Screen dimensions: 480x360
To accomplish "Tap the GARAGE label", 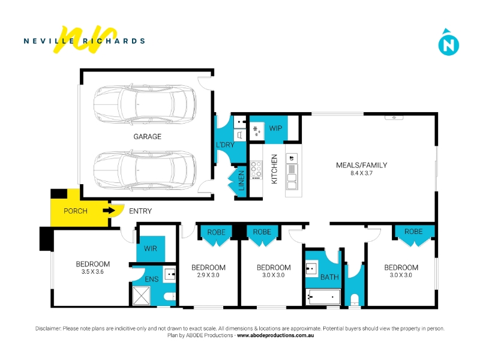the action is coord(147,137).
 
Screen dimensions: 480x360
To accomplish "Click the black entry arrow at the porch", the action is coord(109,211).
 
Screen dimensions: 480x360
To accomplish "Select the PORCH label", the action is coord(76,211).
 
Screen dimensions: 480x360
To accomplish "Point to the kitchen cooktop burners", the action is coord(256,170).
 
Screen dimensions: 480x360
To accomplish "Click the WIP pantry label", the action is coord(275,128).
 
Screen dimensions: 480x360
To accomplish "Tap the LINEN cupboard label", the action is coord(242,181).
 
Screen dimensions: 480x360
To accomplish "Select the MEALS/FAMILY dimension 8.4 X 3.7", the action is coord(362,173).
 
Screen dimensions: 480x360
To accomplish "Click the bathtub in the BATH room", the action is coord(323,296).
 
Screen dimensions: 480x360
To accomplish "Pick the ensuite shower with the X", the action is coord(141,296).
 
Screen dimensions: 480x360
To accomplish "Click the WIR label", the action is coord(151,248).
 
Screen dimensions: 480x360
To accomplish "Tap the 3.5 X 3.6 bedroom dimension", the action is coord(92,272).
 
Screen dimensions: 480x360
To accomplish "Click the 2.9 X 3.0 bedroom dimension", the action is coord(208,275).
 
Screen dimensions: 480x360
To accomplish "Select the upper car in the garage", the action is coord(145,103).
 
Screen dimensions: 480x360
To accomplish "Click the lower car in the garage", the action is coord(145,170).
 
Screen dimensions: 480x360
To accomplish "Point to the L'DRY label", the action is coord(225,145).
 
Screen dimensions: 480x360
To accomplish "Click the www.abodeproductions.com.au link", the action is coord(275,335).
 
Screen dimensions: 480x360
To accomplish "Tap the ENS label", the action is coord(152,279).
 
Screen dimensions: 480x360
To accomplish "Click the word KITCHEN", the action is coord(274,169).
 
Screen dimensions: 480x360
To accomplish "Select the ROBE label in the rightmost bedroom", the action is coord(413,232).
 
